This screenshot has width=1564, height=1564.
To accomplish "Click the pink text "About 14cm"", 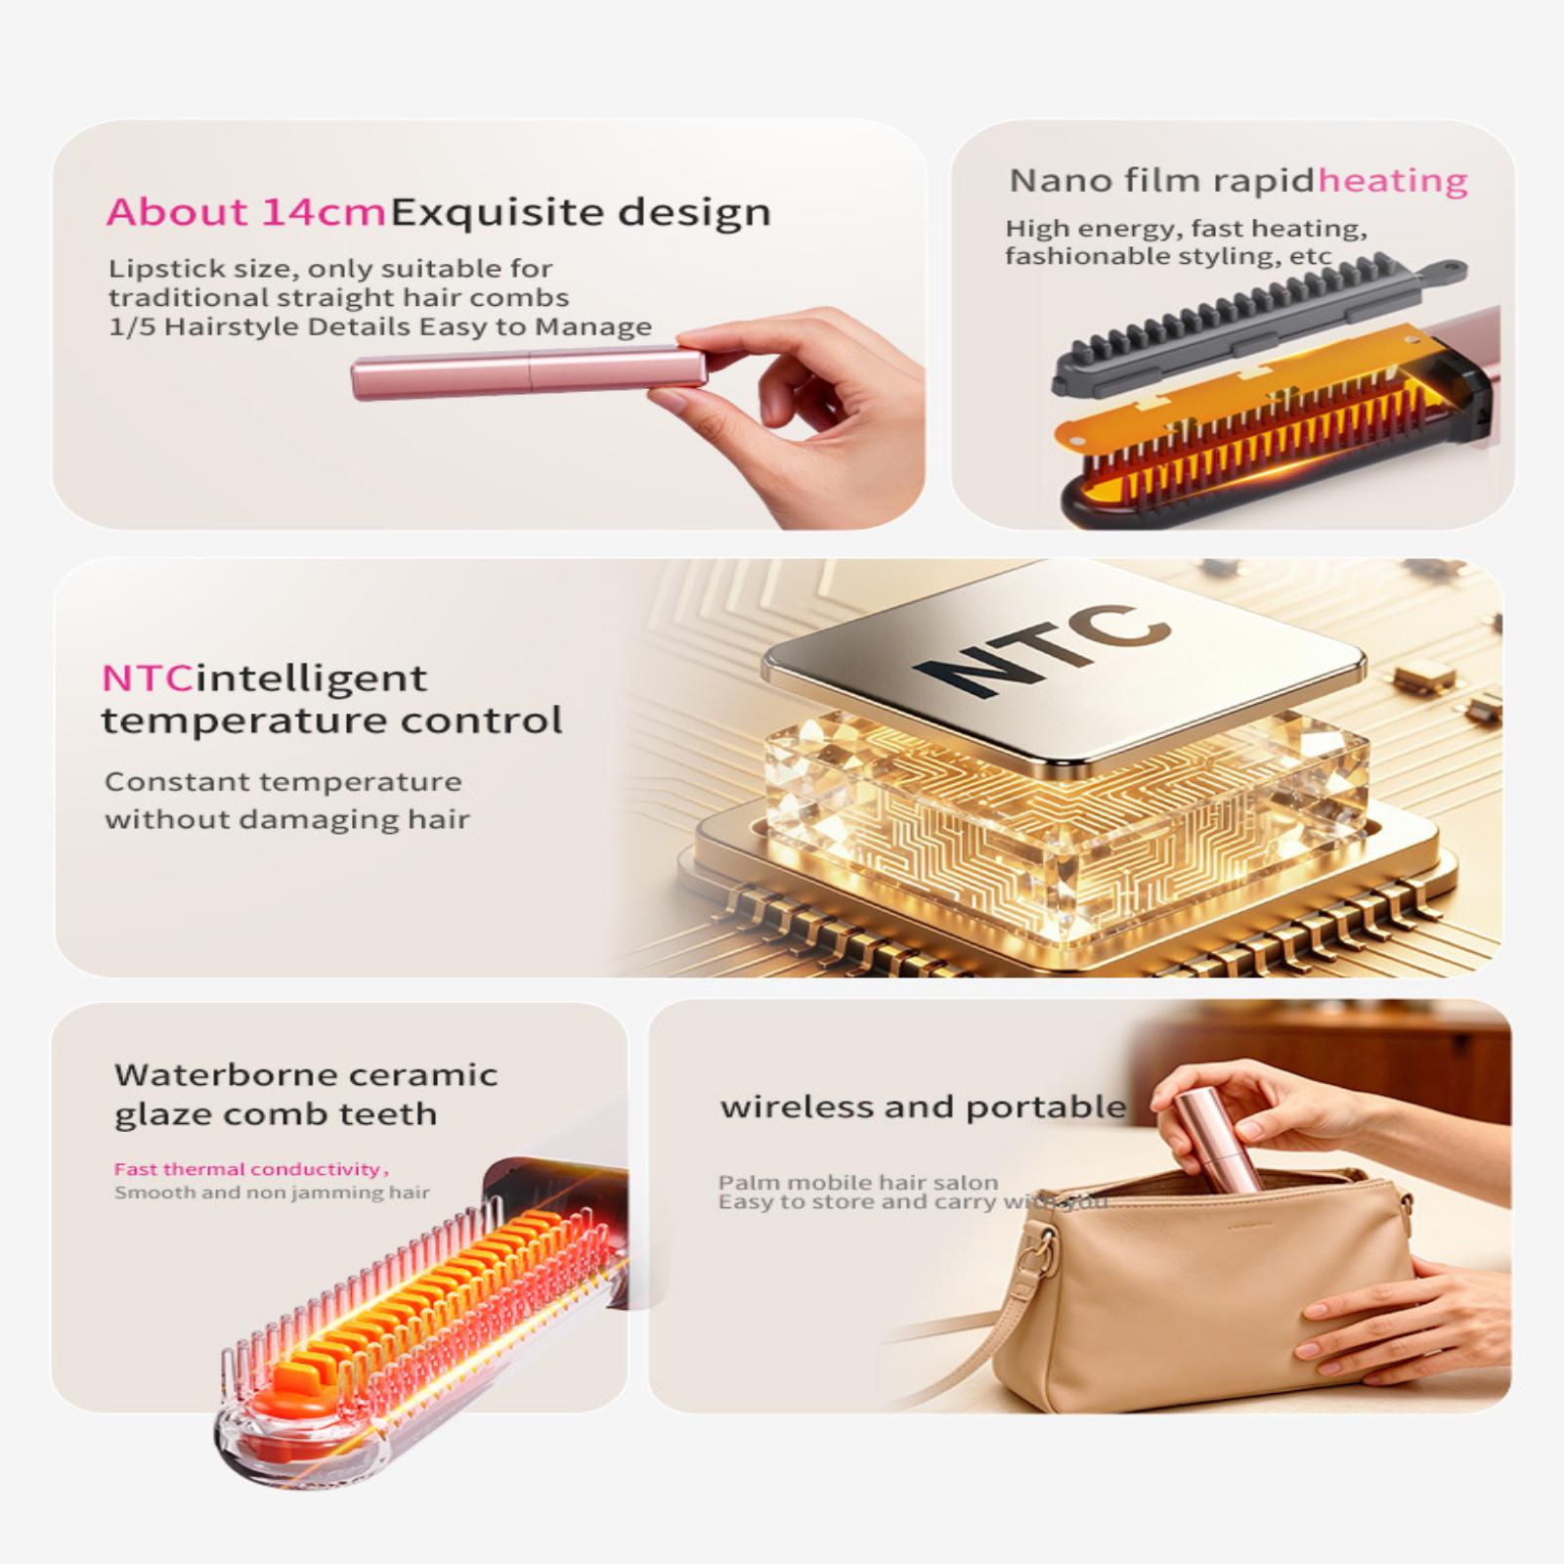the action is coord(246,212).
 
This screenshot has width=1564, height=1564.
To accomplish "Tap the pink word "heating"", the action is coord(1393,181).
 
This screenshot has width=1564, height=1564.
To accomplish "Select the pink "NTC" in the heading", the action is coord(147,677).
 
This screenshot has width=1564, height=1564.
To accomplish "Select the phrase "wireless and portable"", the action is coord(923,1107).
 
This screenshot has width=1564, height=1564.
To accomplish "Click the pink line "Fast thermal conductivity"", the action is coord(250,1169).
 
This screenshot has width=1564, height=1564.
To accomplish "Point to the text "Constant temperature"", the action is coord(283,782).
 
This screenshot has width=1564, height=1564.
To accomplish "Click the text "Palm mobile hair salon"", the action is coord(858,1182).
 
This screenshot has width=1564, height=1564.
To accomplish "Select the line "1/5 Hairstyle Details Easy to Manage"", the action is coord(380,326).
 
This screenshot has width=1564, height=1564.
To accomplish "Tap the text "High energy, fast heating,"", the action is coord(1186,229).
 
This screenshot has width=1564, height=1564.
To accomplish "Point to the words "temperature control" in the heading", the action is coord(332,721).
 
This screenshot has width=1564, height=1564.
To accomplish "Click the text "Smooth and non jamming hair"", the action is coord(272,1193).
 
